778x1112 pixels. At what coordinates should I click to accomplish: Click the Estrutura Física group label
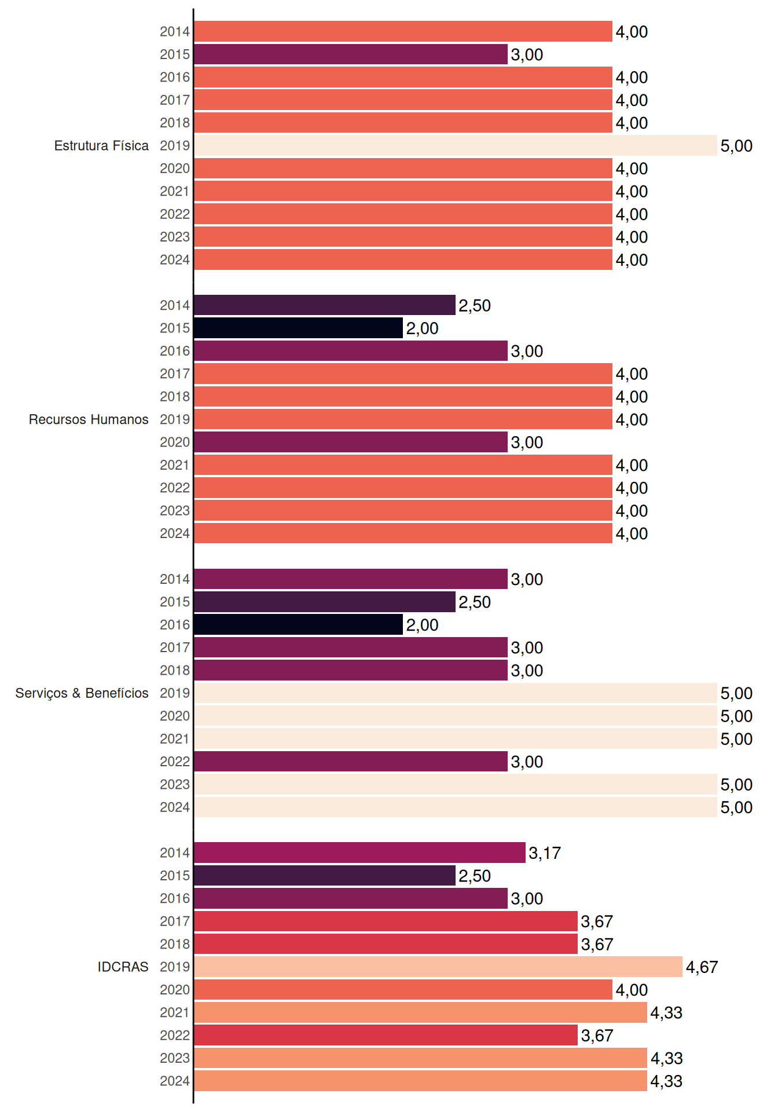point(101,145)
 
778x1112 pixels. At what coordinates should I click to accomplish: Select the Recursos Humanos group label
point(89,419)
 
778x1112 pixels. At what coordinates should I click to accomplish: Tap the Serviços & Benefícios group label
point(82,693)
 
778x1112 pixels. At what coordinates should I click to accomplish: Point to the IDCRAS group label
point(123,967)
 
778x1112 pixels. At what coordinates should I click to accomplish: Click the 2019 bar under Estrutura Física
point(456,145)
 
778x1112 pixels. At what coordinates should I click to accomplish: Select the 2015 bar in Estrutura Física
point(351,54)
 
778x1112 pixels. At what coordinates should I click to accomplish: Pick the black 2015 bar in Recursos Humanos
point(299,328)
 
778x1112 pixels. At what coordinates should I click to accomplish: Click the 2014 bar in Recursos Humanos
point(325,305)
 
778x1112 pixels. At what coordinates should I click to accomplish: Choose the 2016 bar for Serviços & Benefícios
point(299,624)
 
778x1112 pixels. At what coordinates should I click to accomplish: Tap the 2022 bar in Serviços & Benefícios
point(351,762)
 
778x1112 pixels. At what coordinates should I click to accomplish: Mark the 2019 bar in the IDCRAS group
point(438,967)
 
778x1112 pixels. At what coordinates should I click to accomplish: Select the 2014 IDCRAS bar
point(360,853)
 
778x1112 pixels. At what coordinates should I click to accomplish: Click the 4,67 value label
point(702,967)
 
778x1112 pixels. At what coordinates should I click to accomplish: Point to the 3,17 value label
point(545,853)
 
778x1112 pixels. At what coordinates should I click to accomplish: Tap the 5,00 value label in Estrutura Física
point(736,146)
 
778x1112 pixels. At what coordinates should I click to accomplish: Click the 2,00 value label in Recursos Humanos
point(422,328)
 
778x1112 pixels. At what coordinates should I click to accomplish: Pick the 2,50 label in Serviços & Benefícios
point(475,602)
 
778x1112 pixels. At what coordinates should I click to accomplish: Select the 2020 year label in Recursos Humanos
point(175,442)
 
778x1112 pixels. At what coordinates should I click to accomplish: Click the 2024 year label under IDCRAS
point(175,1081)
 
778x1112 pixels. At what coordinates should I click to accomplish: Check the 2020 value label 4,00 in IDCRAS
point(632,990)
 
